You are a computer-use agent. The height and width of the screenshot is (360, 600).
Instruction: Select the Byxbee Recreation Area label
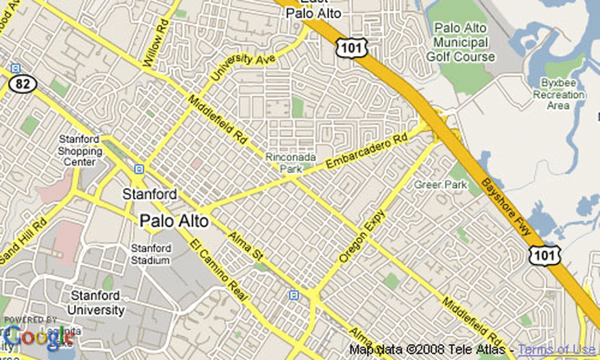coord(558,94)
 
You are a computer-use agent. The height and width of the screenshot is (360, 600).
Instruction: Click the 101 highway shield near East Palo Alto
coord(352,48)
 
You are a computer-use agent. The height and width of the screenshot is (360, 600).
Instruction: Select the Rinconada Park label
coord(291,162)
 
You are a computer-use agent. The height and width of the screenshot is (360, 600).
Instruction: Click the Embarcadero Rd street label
coord(366,154)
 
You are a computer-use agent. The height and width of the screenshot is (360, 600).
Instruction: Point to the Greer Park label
coord(441,185)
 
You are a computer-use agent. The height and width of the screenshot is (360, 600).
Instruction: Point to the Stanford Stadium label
coord(151,254)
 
